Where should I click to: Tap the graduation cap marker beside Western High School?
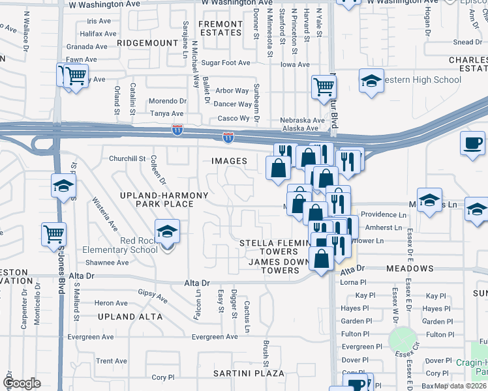click(371, 81)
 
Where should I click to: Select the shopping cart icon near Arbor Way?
click(324, 86)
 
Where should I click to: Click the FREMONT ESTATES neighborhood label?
click(220, 28)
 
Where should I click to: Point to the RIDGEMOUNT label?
click(147, 42)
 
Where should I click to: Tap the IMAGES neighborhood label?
click(229, 161)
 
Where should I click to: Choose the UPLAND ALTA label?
click(130, 317)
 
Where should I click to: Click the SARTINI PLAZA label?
click(249, 373)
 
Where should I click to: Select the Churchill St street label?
click(127, 158)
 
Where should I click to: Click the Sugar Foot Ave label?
click(226, 63)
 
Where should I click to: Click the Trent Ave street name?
click(112, 361)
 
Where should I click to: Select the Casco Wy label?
click(234, 119)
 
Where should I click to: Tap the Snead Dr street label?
click(467, 42)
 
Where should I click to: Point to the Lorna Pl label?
click(354, 282)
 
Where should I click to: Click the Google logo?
click(22, 383)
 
